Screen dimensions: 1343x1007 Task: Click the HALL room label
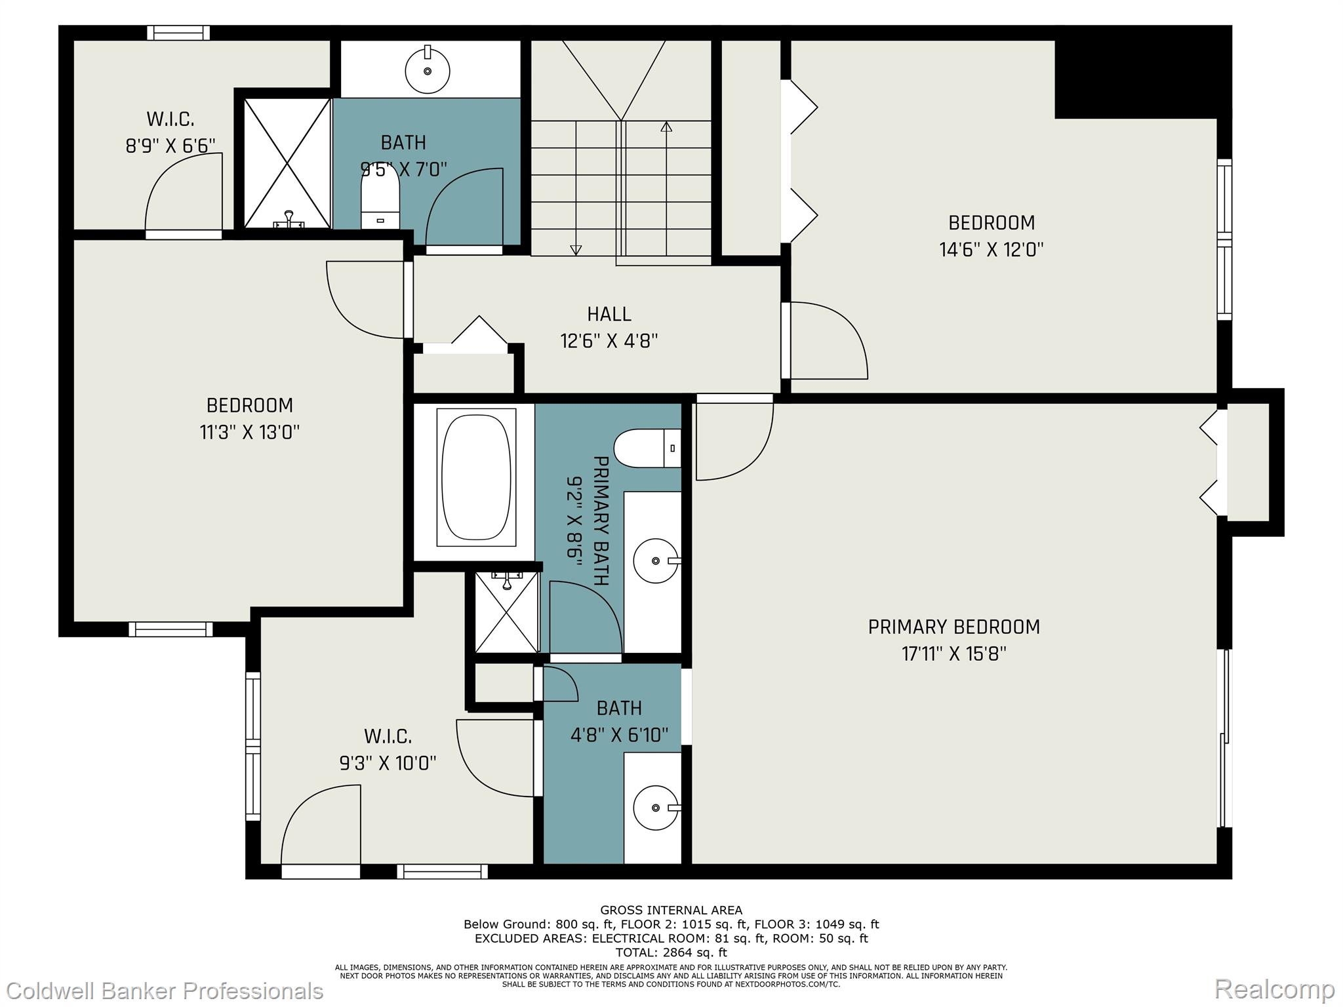tap(609, 314)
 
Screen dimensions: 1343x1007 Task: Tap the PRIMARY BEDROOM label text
tap(954, 627)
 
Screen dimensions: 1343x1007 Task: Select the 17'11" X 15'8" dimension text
tap(954, 654)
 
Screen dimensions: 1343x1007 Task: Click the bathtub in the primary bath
tap(477, 477)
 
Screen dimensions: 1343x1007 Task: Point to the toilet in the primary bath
tap(648, 448)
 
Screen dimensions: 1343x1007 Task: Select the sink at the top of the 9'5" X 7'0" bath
tap(428, 69)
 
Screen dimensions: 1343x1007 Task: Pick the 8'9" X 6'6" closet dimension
tap(170, 146)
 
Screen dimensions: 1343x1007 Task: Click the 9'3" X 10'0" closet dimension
tap(388, 763)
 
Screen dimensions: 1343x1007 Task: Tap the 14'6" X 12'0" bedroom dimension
tap(992, 250)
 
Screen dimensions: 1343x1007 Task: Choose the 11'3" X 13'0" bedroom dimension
tap(250, 432)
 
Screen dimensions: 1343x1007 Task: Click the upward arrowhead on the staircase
tap(667, 127)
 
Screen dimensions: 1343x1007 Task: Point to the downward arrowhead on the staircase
tap(576, 250)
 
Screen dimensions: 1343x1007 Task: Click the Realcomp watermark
tap(1275, 989)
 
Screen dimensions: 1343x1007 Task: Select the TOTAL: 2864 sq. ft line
tap(671, 952)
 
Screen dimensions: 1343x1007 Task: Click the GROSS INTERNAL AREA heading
tap(671, 910)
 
